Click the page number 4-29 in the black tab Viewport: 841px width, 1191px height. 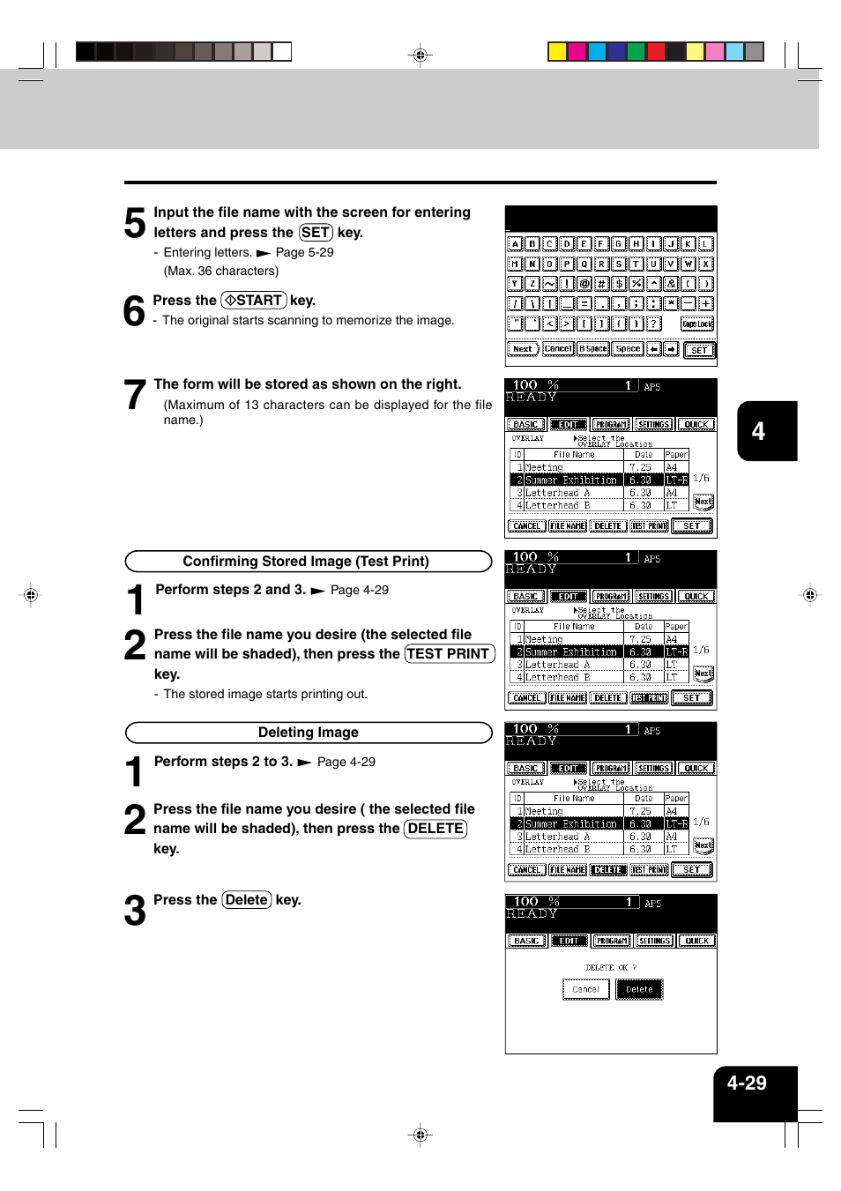point(747,1083)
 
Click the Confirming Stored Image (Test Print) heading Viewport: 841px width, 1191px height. point(306,562)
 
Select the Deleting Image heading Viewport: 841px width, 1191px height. point(308,733)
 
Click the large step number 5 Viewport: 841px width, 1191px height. point(134,223)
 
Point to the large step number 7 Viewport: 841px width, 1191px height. point(134,395)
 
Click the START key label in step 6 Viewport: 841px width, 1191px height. point(254,301)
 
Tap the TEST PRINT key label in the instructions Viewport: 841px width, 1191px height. point(449,654)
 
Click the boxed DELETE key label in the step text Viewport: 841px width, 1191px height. point(435,829)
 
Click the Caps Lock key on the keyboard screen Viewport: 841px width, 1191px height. point(697,324)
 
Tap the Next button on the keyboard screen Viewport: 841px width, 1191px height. point(522,349)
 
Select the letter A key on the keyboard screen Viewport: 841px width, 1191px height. point(515,244)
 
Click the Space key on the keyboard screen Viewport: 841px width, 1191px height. point(628,349)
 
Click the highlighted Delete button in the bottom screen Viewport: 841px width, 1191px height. point(639,989)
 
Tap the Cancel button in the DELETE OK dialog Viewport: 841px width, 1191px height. point(585,989)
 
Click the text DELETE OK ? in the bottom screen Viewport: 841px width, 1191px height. point(611,967)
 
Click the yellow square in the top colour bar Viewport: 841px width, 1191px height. point(557,51)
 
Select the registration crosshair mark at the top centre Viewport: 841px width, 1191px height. point(420,56)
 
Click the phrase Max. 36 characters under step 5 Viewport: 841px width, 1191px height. point(221,272)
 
